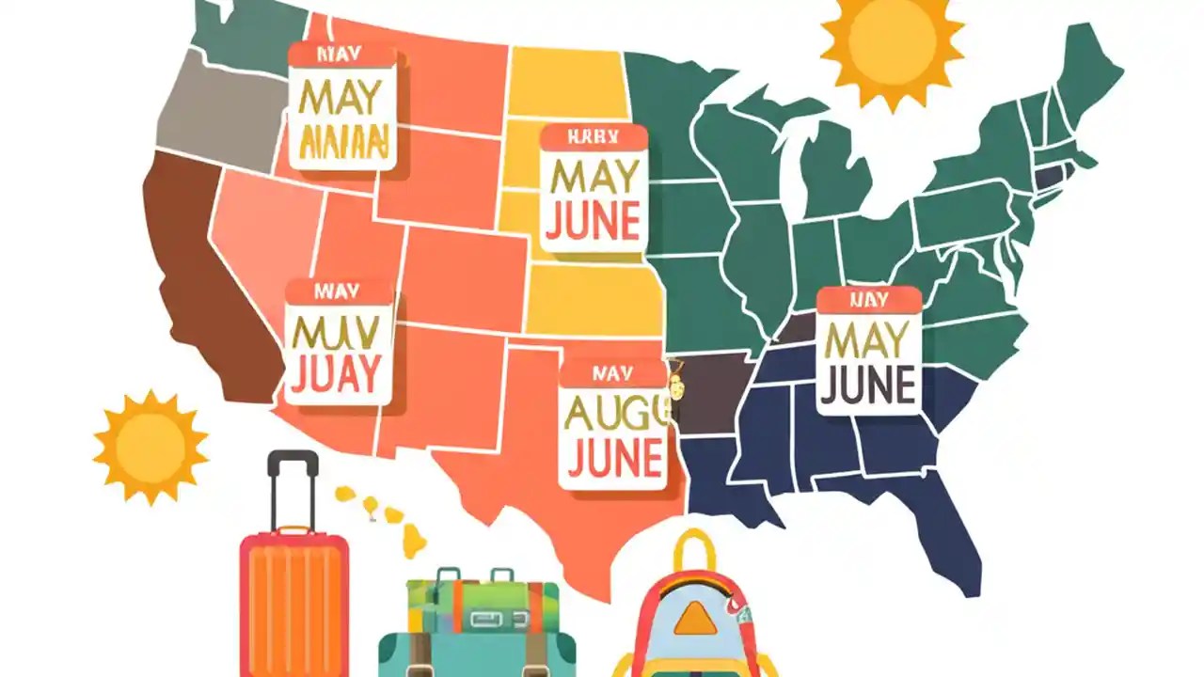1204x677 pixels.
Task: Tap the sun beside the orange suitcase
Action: pyautogui.click(x=150, y=446)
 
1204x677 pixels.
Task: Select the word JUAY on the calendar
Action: pyautogui.click(x=337, y=373)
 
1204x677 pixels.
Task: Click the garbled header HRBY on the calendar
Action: pyautogui.click(x=594, y=137)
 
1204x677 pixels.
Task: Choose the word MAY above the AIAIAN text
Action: pyautogui.click(x=341, y=96)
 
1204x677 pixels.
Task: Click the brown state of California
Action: pyautogui.click(x=202, y=282)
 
